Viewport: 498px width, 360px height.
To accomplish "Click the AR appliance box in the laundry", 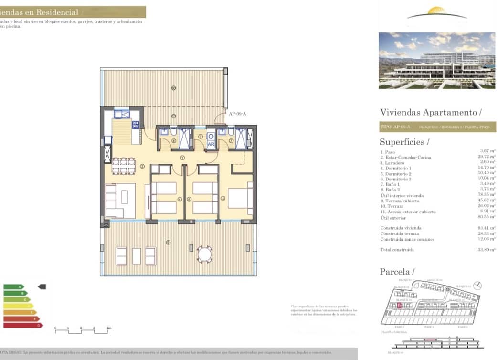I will pyautogui.click(x=211, y=143).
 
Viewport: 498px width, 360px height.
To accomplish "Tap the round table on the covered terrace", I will pyautogui.click(x=205, y=254).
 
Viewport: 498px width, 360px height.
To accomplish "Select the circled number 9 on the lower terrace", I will pyautogui.click(x=168, y=242).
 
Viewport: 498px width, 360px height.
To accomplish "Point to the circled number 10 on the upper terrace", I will pyautogui.click(x=173, y=88).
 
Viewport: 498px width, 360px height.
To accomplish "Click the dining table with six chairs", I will pyautogui.click(x=124, y=166).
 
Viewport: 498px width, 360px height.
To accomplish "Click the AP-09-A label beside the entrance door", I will pyautogui.click(x=237, y=114).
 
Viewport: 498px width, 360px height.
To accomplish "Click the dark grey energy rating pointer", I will pyautogui.click(x=42, y=286).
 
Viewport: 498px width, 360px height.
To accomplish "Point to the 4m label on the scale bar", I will pyautogui.click(x=109, y=328).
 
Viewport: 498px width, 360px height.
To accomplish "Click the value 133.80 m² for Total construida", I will pyautogui.click(x=487, y=250).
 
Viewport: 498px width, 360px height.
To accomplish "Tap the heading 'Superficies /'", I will pyautogui.click(x=404, y=142).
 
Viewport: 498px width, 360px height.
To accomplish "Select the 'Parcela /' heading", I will pyautogui.click(x=397, y=272).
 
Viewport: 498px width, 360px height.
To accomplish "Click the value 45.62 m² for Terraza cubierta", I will pyautogui.click(x=487, y=201).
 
